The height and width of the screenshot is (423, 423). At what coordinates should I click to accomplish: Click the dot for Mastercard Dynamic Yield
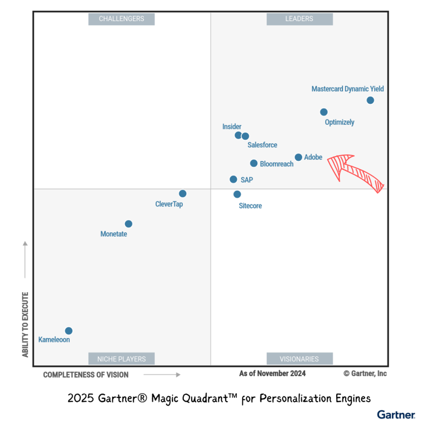(370, 100)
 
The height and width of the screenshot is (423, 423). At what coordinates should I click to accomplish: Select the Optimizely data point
(324, 112)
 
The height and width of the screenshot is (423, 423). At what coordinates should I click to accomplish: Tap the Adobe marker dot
(298, 157)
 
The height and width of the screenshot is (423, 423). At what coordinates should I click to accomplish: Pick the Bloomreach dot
(254, 164)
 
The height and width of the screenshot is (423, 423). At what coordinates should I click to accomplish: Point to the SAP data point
(233, 179)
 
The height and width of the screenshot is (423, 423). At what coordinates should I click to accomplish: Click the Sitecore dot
(237, 194)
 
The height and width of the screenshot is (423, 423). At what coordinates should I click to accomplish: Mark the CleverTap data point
(183, 193)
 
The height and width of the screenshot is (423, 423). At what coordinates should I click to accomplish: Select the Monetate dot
(129, 224)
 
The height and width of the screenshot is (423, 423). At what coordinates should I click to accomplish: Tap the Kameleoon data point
(69, 331)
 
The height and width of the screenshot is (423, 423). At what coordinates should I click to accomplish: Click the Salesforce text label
(262, 145)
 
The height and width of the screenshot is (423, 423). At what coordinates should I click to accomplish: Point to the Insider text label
(232, 127)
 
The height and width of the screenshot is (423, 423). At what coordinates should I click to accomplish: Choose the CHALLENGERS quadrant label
(121, 19)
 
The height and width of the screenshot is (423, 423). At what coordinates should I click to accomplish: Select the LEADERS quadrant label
(299, 19)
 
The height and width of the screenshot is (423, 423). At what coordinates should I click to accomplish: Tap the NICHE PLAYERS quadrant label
(121, 359)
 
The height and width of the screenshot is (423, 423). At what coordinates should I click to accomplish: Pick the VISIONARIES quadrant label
(299, 359)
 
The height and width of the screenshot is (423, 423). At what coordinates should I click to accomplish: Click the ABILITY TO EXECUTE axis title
(25, 324)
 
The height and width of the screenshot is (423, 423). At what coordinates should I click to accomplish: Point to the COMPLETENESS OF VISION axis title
(86, 374)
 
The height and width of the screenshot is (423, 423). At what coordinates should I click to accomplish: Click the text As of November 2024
(272, 373)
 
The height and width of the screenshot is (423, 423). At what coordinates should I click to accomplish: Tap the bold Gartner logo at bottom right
(396, 415)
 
